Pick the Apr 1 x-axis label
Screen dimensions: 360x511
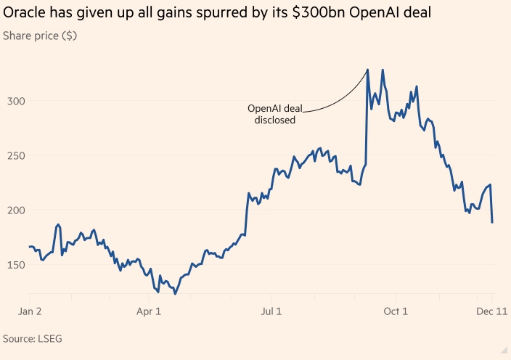149,311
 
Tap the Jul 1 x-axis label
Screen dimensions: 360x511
271,311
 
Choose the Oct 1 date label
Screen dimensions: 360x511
396,311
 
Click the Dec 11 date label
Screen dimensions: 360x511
491,311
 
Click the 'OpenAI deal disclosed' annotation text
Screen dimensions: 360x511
275,114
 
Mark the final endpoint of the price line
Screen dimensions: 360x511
492,222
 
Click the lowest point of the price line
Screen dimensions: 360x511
175,293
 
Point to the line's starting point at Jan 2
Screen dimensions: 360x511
30,247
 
